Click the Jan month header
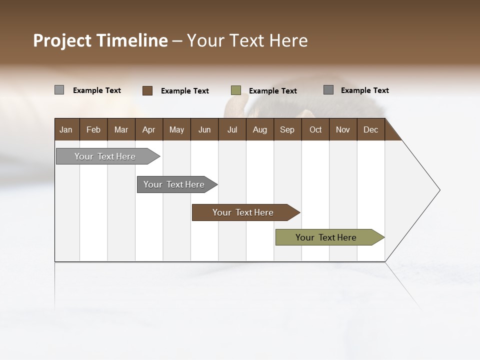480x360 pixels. (66, 129)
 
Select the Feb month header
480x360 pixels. (93, 129)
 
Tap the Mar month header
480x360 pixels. (121, 129)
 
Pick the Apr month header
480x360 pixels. (148, 129)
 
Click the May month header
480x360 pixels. (176, 129)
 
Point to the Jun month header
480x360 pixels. (204, 129)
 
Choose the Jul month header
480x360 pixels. (232, 129)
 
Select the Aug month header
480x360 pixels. (259, 129)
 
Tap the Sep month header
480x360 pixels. (287, 129)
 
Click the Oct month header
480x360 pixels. (315, 129)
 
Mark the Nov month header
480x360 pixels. (343, 129)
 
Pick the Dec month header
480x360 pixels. (370, 129)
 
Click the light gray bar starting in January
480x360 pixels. (105, 156)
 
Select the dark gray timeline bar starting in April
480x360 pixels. (174, 184)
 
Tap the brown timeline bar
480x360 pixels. (243, 212)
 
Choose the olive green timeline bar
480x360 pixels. (326, 237)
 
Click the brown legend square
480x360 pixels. (147, 90)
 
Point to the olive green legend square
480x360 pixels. (236, 90)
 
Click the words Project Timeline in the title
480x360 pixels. (100, 40)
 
